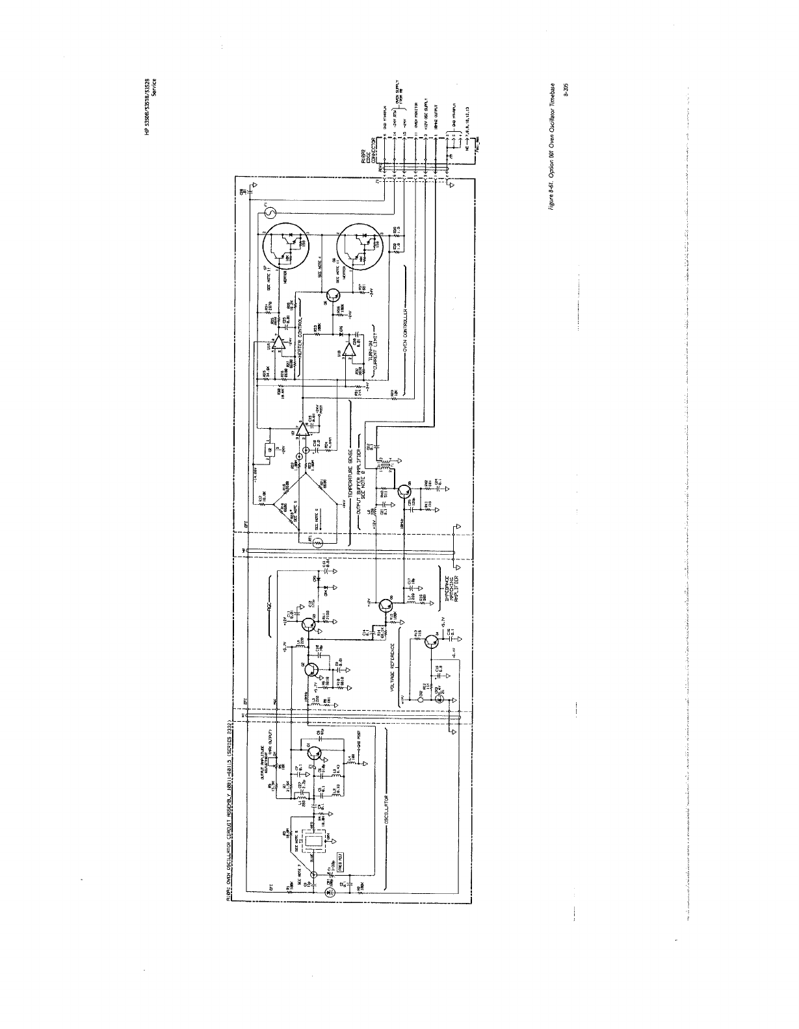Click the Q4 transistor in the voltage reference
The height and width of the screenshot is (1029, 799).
coord(431,642)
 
